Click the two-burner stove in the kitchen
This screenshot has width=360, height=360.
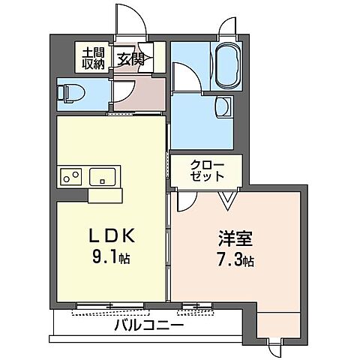71,178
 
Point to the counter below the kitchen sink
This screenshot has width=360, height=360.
104,195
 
